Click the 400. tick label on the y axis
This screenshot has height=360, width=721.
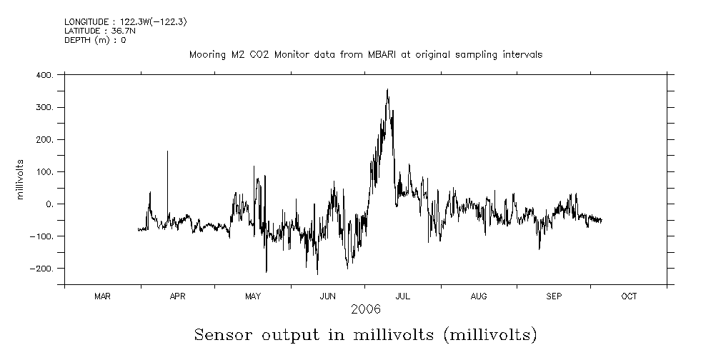(x=44, y=75)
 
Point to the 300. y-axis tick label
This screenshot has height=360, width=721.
(x=44, y=107)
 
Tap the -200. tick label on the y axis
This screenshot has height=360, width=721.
(x=41, y=269)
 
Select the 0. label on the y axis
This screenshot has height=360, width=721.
(x=49, y=204)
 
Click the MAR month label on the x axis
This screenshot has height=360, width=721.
(x=102, y=296)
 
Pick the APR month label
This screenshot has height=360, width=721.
(x=177, y=296)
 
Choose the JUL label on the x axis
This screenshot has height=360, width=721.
(x=403, y=296)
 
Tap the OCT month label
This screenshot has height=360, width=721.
(x=629, y=296)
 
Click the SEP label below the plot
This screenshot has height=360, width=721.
(x=554, y=296)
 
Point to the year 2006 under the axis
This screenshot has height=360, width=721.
(x=365, y=309)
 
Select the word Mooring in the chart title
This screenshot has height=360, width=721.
(x=205, y=55)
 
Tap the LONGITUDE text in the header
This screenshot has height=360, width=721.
(x=88, y=22)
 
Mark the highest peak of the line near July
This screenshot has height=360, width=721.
(x=387, y=89)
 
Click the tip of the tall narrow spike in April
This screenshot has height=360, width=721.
(x=167, y=151)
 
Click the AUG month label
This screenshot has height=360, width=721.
(x=479, y=296)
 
